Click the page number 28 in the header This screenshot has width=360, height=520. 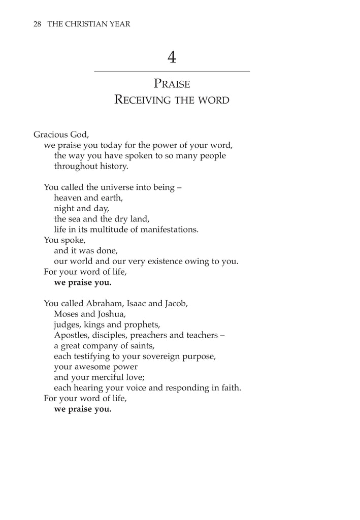37,24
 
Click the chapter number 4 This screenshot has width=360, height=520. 172,58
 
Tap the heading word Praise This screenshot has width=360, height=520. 172,84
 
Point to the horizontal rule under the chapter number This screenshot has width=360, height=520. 172,72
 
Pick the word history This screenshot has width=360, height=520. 113,166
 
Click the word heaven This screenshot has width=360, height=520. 69,198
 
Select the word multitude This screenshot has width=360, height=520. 111,230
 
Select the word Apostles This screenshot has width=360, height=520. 71,335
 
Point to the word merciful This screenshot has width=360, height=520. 111,377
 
